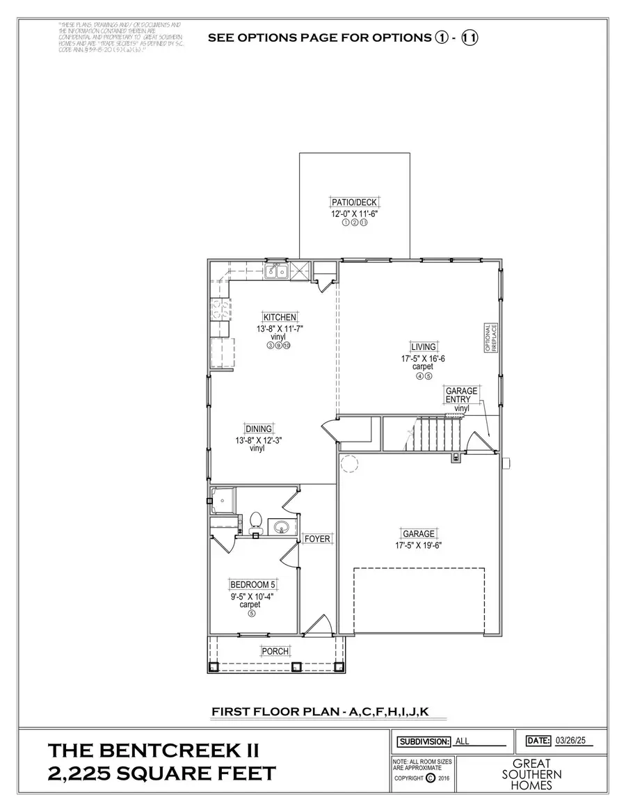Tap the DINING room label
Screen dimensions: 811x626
point(258,428)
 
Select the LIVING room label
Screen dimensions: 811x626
point(424,346)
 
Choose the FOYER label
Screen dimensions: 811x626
point(317,538)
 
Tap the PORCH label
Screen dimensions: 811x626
point(275,651)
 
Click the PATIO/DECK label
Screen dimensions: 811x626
point(354,202)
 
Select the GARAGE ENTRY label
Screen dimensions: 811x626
point(462,395)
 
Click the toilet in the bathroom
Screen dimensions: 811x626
point(255,522)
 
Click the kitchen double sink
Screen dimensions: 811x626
point(276,271)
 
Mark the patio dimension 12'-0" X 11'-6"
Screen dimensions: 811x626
point(354,214)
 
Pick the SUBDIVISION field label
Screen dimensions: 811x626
point(423,741)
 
